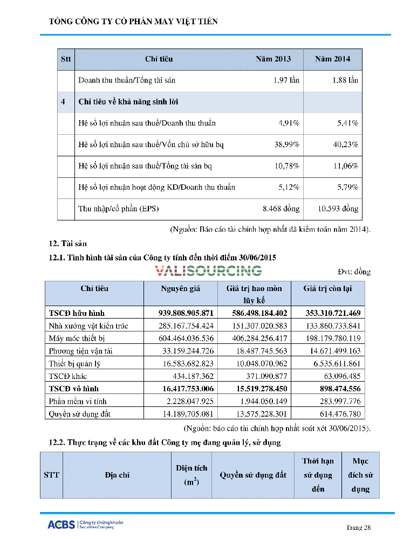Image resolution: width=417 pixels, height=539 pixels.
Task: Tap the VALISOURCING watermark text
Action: click(x=208, y=271)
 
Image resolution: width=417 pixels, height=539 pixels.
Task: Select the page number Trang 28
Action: click(x=358, y=527)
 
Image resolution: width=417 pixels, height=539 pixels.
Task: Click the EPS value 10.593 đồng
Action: click(x=338, y=209)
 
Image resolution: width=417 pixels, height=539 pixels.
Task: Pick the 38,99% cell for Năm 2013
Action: click(x=287, y=144)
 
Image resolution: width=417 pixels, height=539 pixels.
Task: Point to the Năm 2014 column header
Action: click(x=332, y=59)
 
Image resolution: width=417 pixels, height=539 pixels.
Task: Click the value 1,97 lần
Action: click(x=286, y=80)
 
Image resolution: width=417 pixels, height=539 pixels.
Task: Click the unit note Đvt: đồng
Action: click(x=354, y=272)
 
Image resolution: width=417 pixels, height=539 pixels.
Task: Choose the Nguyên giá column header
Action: click(x=180, y=289)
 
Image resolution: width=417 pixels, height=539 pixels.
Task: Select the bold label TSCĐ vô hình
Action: click(x=74, y=389)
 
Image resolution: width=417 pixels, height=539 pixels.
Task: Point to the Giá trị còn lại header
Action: click(x=327, y=289)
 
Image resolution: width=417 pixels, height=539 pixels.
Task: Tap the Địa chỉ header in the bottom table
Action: click(x=117, y=475)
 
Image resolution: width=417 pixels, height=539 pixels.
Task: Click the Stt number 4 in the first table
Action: click(x=64, y=102)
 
